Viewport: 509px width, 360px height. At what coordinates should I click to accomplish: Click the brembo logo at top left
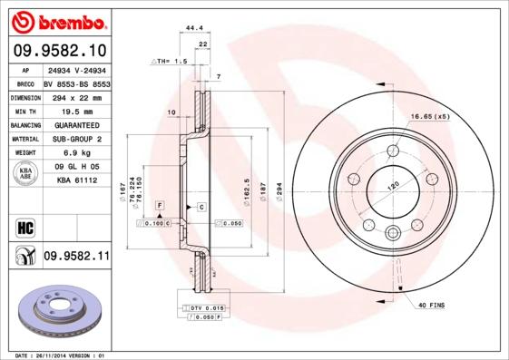(57, 20)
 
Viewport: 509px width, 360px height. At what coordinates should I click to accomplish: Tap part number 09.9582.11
(75, 257)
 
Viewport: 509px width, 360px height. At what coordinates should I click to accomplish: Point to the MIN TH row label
(24, 110)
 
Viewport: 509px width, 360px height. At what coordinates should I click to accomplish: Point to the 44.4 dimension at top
(193, 29)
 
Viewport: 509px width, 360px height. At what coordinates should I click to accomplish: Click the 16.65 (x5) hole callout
(430, 117)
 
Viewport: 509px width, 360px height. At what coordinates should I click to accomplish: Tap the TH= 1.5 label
(170, 61)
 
